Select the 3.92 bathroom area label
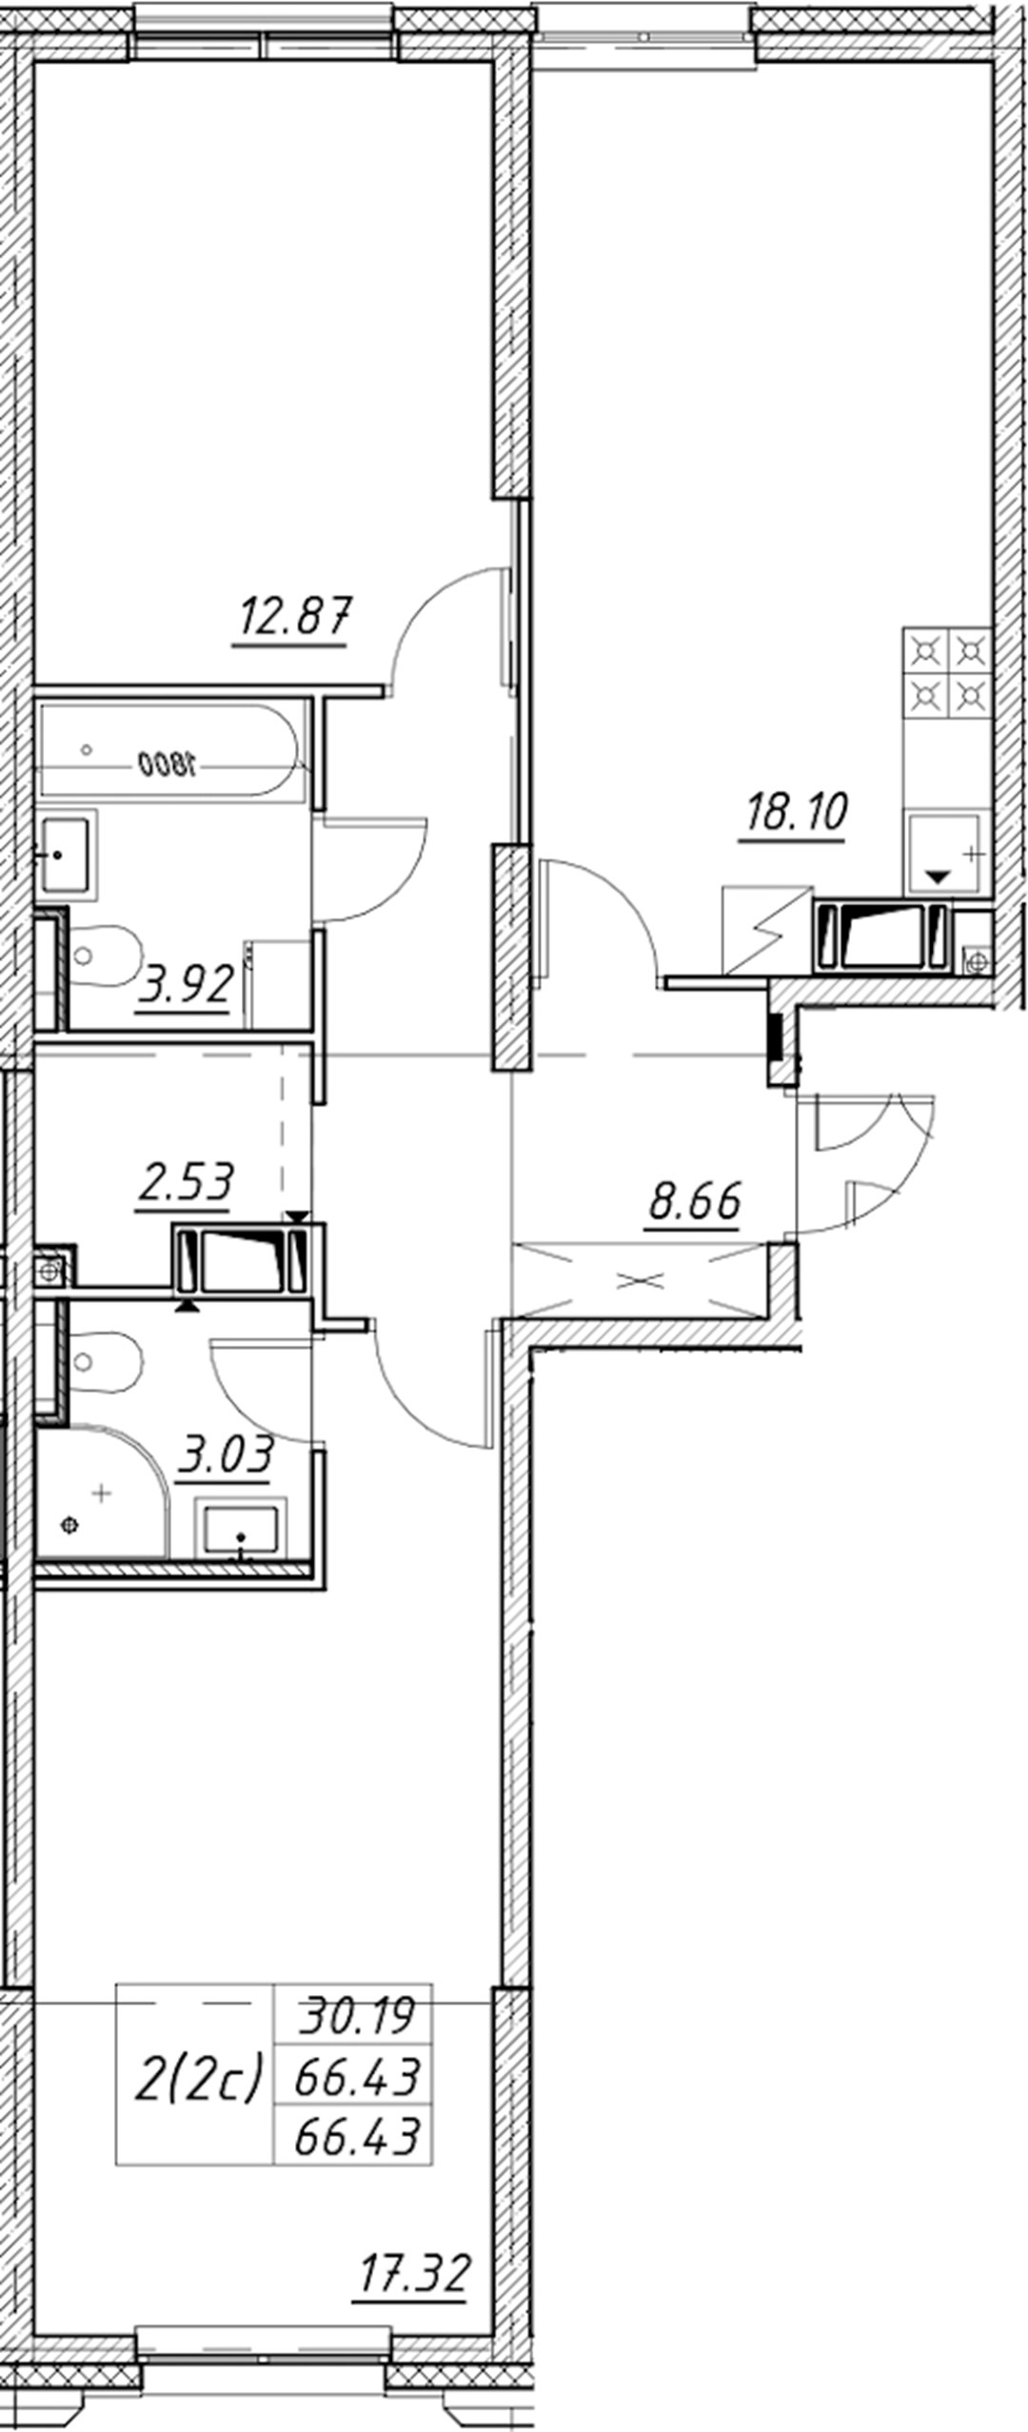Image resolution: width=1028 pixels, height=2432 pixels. [x=185, y=983]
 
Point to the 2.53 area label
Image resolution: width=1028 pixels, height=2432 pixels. [x=185, y=1181]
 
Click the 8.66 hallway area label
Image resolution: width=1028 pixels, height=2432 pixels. [x=694, y=1201]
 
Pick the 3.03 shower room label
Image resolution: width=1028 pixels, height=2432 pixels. [x=226, y=1453]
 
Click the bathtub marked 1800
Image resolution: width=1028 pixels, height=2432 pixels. [x=171, y=750]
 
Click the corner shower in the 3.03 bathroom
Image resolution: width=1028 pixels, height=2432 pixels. [x=100, y=1495]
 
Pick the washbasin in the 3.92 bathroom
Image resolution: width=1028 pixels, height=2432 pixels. [x=67, y=853]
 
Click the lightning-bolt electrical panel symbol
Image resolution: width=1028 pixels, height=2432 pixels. [x=767, y=930]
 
